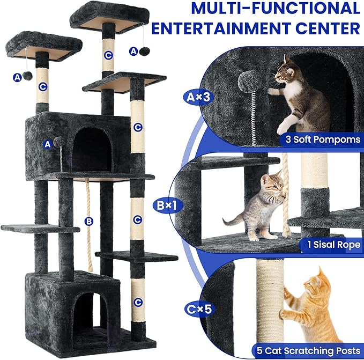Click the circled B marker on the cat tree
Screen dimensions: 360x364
click(x=89, y=221)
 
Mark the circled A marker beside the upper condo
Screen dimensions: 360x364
click(x=48, y=144)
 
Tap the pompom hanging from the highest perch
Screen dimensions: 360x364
click(x=145, y=51)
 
